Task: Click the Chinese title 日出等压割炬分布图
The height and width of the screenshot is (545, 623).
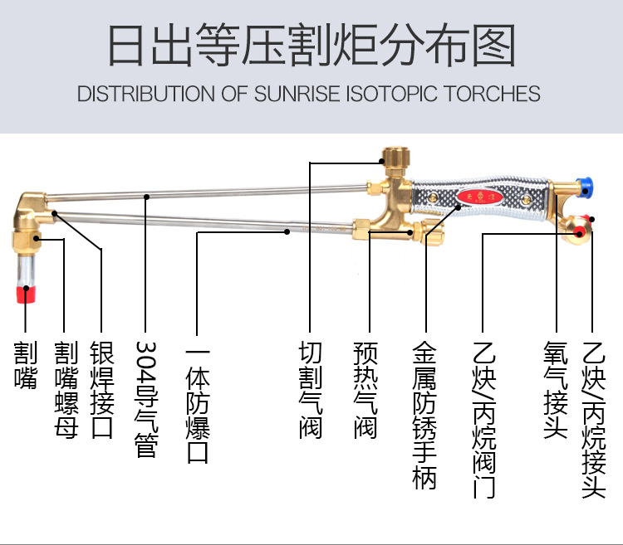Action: [x=311, y=45]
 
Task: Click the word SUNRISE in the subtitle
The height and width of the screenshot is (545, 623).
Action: [x=300, y=93]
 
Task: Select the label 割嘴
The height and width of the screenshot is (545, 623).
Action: [x=26, y=365]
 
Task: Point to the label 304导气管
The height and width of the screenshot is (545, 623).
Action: [x=145, y=398]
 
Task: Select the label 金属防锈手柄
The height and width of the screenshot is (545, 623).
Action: [x=424, y=416]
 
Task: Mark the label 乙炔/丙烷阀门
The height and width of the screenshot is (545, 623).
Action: [x=483, y=420]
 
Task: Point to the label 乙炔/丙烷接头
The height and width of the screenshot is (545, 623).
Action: [x=593, y=420]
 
